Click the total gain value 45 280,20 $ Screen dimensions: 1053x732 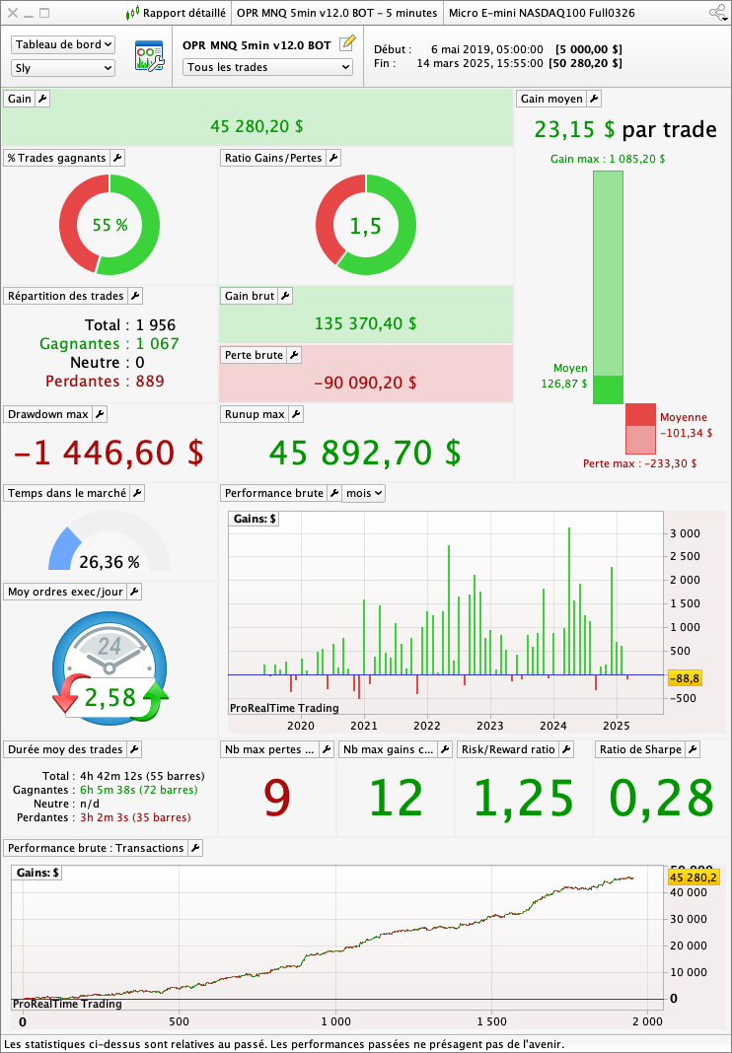(x=256, y=126)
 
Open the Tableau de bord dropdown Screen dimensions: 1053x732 (x=63, y=45)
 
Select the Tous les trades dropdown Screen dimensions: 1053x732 (x=267, y=67)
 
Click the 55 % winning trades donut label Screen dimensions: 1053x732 (x=110, y=225)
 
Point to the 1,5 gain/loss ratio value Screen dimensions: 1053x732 (x=365, y=226)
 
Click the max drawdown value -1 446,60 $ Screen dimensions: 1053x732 (x=109, y=453)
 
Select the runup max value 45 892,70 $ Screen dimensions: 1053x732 (x=365, y=453)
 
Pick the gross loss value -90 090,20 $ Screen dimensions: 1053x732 (x=365, y=383)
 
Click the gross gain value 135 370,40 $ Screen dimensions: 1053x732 (x=365, y=323)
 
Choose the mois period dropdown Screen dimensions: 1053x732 (x=363, y=493)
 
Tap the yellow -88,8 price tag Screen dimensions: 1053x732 (x=685, y=678)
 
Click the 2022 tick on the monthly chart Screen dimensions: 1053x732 (x=426, y=726)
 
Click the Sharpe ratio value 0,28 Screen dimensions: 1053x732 (x=661, y=798)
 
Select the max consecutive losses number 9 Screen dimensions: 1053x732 (x=276, y=798)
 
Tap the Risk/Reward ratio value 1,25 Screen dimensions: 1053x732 (x=523, y=798)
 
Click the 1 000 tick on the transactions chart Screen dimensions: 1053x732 (x=335, y=1021)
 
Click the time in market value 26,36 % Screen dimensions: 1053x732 (x=110, y=563)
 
